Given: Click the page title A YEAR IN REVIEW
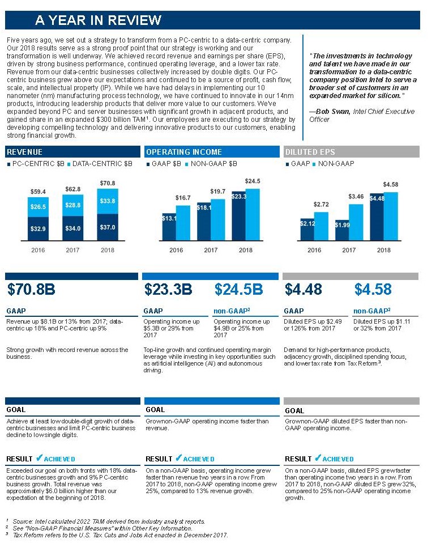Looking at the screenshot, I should click(98, 20).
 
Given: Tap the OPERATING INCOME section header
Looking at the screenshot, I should click(183, 152).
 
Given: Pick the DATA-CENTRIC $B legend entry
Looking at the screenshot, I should click(102, 164).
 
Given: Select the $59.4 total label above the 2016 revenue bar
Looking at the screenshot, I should click(39, 192).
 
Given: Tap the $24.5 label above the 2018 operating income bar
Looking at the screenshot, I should click(253, 181).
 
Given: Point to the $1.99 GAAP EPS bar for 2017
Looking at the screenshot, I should click(342, 226).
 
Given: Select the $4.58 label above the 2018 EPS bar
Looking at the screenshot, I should click(391, 185).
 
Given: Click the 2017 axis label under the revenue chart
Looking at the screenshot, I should click(73, 250).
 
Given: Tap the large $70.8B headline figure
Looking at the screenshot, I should click(31, 290).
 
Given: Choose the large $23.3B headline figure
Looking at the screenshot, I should click(168, 290).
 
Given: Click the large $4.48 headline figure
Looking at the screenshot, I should click(303, 290).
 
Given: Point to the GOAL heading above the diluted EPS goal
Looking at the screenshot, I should click(294, 410).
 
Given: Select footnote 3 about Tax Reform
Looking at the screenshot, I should click(119, 535).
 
